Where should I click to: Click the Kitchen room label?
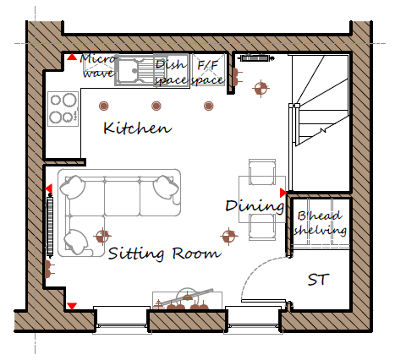137,128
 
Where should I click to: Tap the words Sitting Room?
164,254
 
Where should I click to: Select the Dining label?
255,206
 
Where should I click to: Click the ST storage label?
318,280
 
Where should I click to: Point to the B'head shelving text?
321,223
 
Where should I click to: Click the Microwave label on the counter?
98,66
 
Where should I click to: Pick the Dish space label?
171,73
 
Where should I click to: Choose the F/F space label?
207,73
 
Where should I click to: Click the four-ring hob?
63,109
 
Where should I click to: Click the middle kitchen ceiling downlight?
156,106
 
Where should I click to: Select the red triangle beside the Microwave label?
72,57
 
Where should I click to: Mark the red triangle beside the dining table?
283,193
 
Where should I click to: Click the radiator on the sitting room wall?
50,226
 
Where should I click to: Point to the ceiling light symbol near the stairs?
261,89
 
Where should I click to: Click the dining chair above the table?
262,172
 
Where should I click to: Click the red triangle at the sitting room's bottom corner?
72,306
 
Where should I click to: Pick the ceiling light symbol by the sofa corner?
102,236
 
